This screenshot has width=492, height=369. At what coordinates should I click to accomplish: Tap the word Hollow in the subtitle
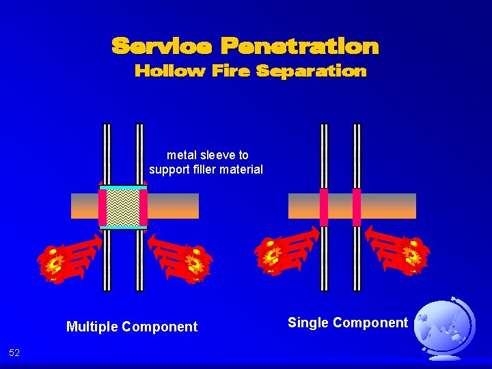[169, 71]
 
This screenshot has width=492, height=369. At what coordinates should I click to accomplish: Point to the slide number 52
[14, 353]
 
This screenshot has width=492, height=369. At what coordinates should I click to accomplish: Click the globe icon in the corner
[445, 329]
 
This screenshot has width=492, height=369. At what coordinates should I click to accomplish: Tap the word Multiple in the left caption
[93, 327]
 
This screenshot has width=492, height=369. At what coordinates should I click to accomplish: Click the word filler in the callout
[210, 169]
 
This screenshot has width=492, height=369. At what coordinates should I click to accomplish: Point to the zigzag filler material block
[123, 206]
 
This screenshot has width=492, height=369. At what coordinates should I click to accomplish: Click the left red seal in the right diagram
[324, 206]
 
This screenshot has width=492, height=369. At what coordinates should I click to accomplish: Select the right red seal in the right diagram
[357, 206]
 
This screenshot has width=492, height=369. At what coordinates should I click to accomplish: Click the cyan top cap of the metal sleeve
[123, 187]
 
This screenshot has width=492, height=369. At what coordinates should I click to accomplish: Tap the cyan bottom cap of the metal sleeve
[123, 227]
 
